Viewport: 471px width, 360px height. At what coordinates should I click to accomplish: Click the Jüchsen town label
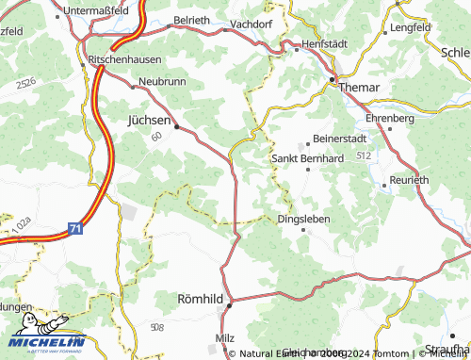(149, 121)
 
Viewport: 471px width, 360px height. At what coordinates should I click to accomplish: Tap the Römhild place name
(201, 299)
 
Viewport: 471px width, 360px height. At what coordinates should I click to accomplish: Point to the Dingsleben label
(304, 220)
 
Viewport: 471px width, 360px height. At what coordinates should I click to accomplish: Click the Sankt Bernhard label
(307, 158)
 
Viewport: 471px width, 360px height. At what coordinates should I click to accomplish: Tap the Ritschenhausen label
(123, 58)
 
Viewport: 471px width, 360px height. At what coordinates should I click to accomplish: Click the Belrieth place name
(193, 19)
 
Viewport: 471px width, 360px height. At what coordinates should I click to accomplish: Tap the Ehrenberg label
(390, 119)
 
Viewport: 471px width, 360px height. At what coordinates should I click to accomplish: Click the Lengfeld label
(410, 28)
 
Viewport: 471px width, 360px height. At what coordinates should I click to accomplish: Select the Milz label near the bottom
(224, 336)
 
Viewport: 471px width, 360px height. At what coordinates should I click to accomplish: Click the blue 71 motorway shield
(74, 228)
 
